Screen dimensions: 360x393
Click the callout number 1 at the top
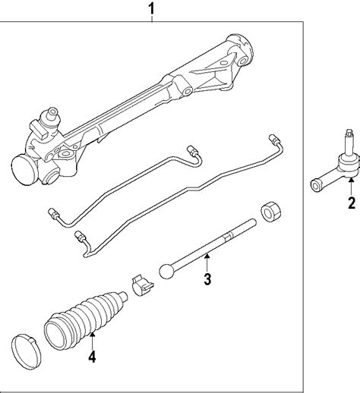[151, 9]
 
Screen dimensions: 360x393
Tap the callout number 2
[352, 203]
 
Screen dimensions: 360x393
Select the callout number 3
[207, 279]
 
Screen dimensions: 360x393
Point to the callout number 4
[92, 357]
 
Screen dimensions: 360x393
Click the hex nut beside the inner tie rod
[271, 212]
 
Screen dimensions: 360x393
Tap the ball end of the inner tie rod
[167, 271]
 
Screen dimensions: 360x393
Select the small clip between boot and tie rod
[142, 285]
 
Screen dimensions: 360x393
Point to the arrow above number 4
[93, 341]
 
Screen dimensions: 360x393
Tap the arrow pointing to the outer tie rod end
[351, 187]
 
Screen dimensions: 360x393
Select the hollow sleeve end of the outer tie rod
[315, 186]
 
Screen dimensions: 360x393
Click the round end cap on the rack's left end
[24, 170]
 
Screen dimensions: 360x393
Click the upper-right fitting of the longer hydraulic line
[274, 139]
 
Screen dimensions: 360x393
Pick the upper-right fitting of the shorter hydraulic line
[192, 151]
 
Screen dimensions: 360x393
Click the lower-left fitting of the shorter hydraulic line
[53, 214]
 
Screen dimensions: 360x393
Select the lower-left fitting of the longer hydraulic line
[80, 236]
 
